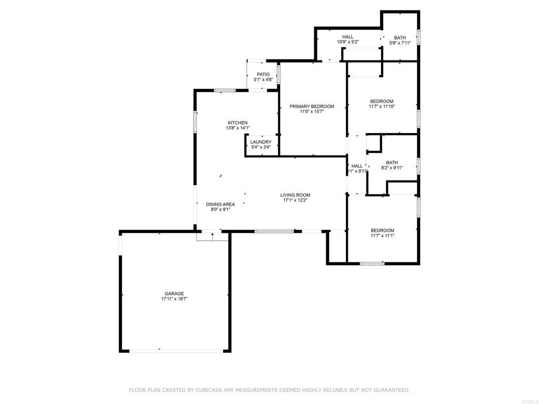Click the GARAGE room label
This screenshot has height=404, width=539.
(174, 294)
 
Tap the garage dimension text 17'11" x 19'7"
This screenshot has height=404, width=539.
(174, 299)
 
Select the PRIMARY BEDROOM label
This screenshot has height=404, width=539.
(312, 106)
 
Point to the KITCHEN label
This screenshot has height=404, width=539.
(237, 123)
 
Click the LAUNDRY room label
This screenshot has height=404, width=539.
(261, 142)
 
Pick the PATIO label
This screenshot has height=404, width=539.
(263, 75)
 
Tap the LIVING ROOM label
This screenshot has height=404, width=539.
(295, 195)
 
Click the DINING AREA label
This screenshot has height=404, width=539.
(221, 204)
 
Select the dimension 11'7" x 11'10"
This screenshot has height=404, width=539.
(382, 106)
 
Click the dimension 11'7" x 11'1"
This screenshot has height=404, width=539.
(382, 236)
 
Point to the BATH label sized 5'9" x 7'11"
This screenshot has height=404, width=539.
(400, 37)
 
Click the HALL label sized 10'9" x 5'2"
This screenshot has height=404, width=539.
(347, 37)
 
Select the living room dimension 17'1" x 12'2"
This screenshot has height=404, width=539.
(295, 200)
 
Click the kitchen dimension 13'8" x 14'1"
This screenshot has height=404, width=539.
(237, 128)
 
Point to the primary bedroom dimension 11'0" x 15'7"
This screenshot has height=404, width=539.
(312, 112)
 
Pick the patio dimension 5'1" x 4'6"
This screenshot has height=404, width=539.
(263, 80)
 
